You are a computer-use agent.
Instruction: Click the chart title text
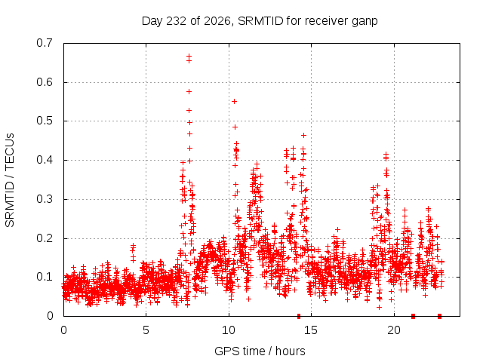click(x=260, y=21)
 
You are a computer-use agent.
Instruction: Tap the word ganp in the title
click(x=365, y=22)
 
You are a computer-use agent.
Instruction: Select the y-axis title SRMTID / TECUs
click(x=10, y=180)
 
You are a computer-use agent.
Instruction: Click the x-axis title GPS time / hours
click(x=260, y=351)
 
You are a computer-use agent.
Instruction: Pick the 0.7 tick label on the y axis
click(x=45, y=43)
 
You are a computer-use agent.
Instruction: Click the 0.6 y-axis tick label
click(x=45, y=82)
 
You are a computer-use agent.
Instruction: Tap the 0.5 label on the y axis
click(x=45, y=121)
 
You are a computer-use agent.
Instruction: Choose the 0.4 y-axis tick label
click(x=45, y=160)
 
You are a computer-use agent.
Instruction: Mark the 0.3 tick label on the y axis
click(x=45, y=199)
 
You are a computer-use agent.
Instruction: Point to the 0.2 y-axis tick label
click(x=45, y=238)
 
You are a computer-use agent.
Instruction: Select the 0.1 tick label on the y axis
click(x=45, y=277)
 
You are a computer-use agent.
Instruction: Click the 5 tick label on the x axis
click(x=146, y=330)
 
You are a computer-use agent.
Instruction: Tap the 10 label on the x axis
click(x=229, y=330)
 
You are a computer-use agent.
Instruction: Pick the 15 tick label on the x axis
click(x=311, y=330)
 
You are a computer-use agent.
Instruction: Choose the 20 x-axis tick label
click(x=394, y=330)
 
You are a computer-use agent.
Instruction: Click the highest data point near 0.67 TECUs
click(x=189, y=56)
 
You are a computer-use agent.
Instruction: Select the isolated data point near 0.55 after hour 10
click(x=234, y=101)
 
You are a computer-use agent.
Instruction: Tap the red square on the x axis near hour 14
click(x=299, y=316)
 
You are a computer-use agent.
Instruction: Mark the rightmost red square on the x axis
click(x=439, y=316)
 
